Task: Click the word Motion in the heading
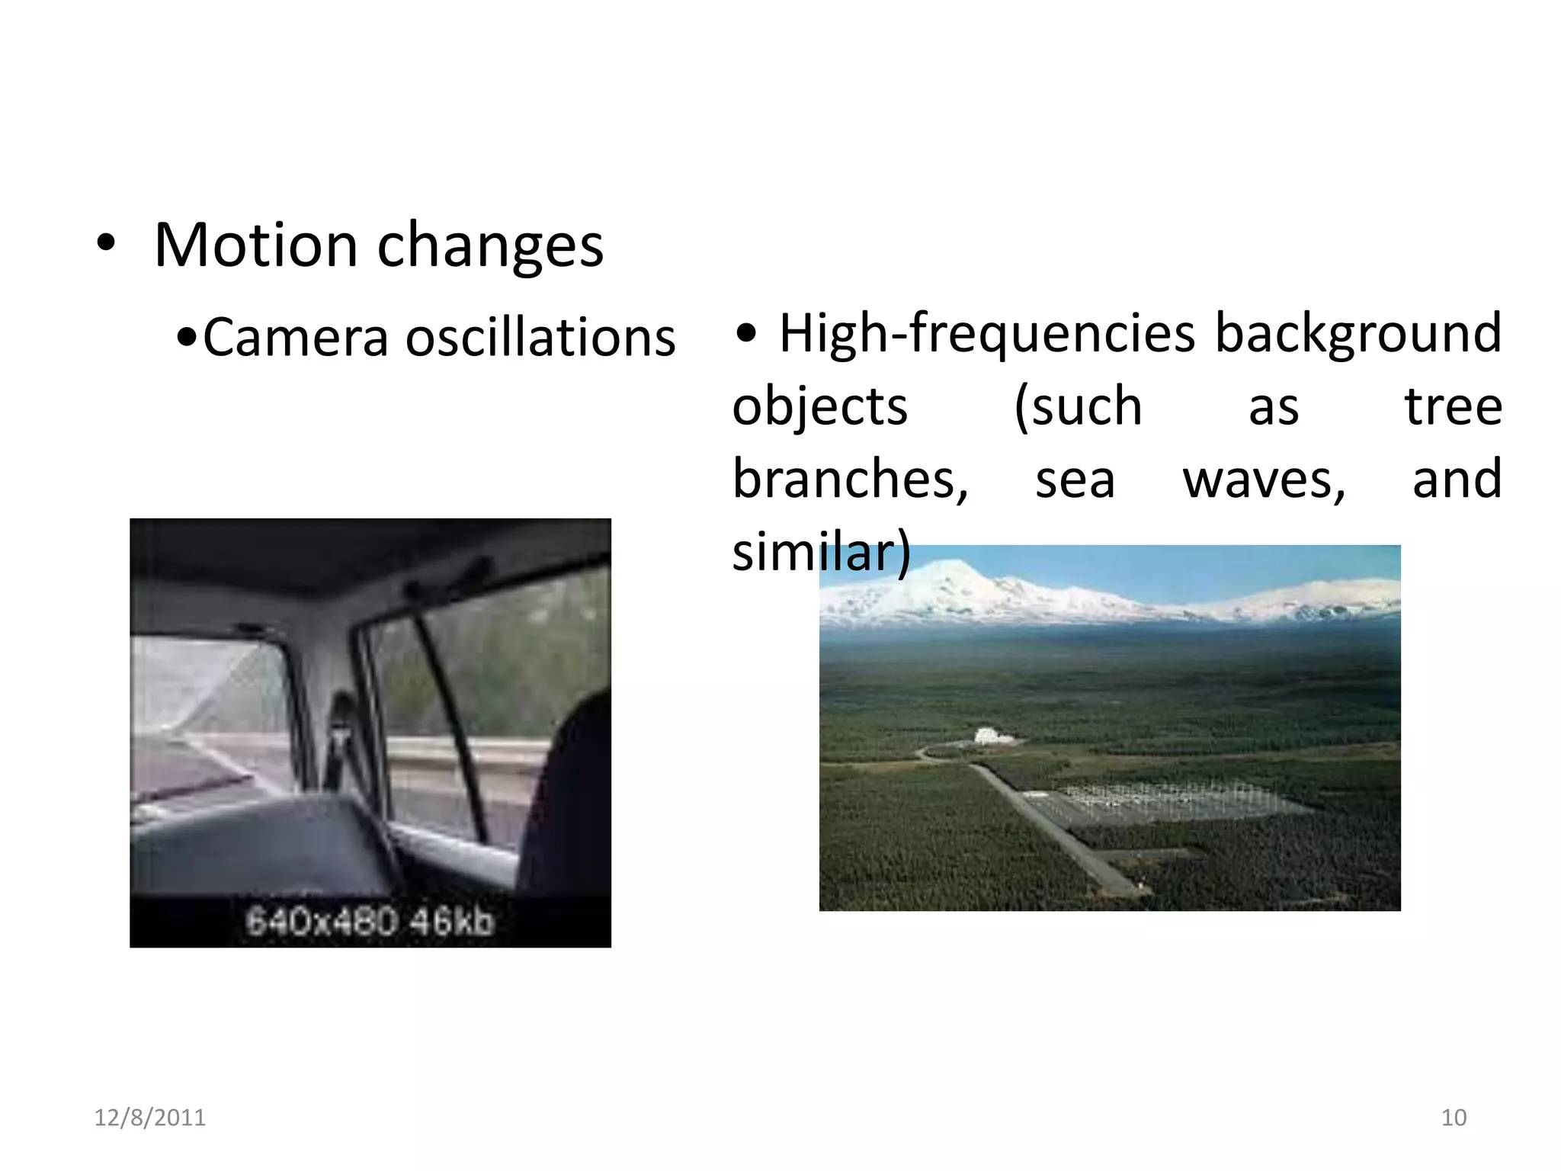click(x=255, y=245)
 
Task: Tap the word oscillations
click(x=540, y=338)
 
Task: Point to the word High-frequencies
click(x=987, y=334)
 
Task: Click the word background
click(x=1357, y=334)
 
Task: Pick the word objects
click(x=820, y=406)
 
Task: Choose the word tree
click(x=1453, y=406)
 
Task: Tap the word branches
click(x=850, y=479)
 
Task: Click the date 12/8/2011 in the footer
click(x=149, y=1118)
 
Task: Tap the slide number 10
click(x=1454, y=1118)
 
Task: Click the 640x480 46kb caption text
click(x=370, y=921)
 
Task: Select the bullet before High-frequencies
click(x=746, y=333)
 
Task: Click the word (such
click(x=1079, y=406)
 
